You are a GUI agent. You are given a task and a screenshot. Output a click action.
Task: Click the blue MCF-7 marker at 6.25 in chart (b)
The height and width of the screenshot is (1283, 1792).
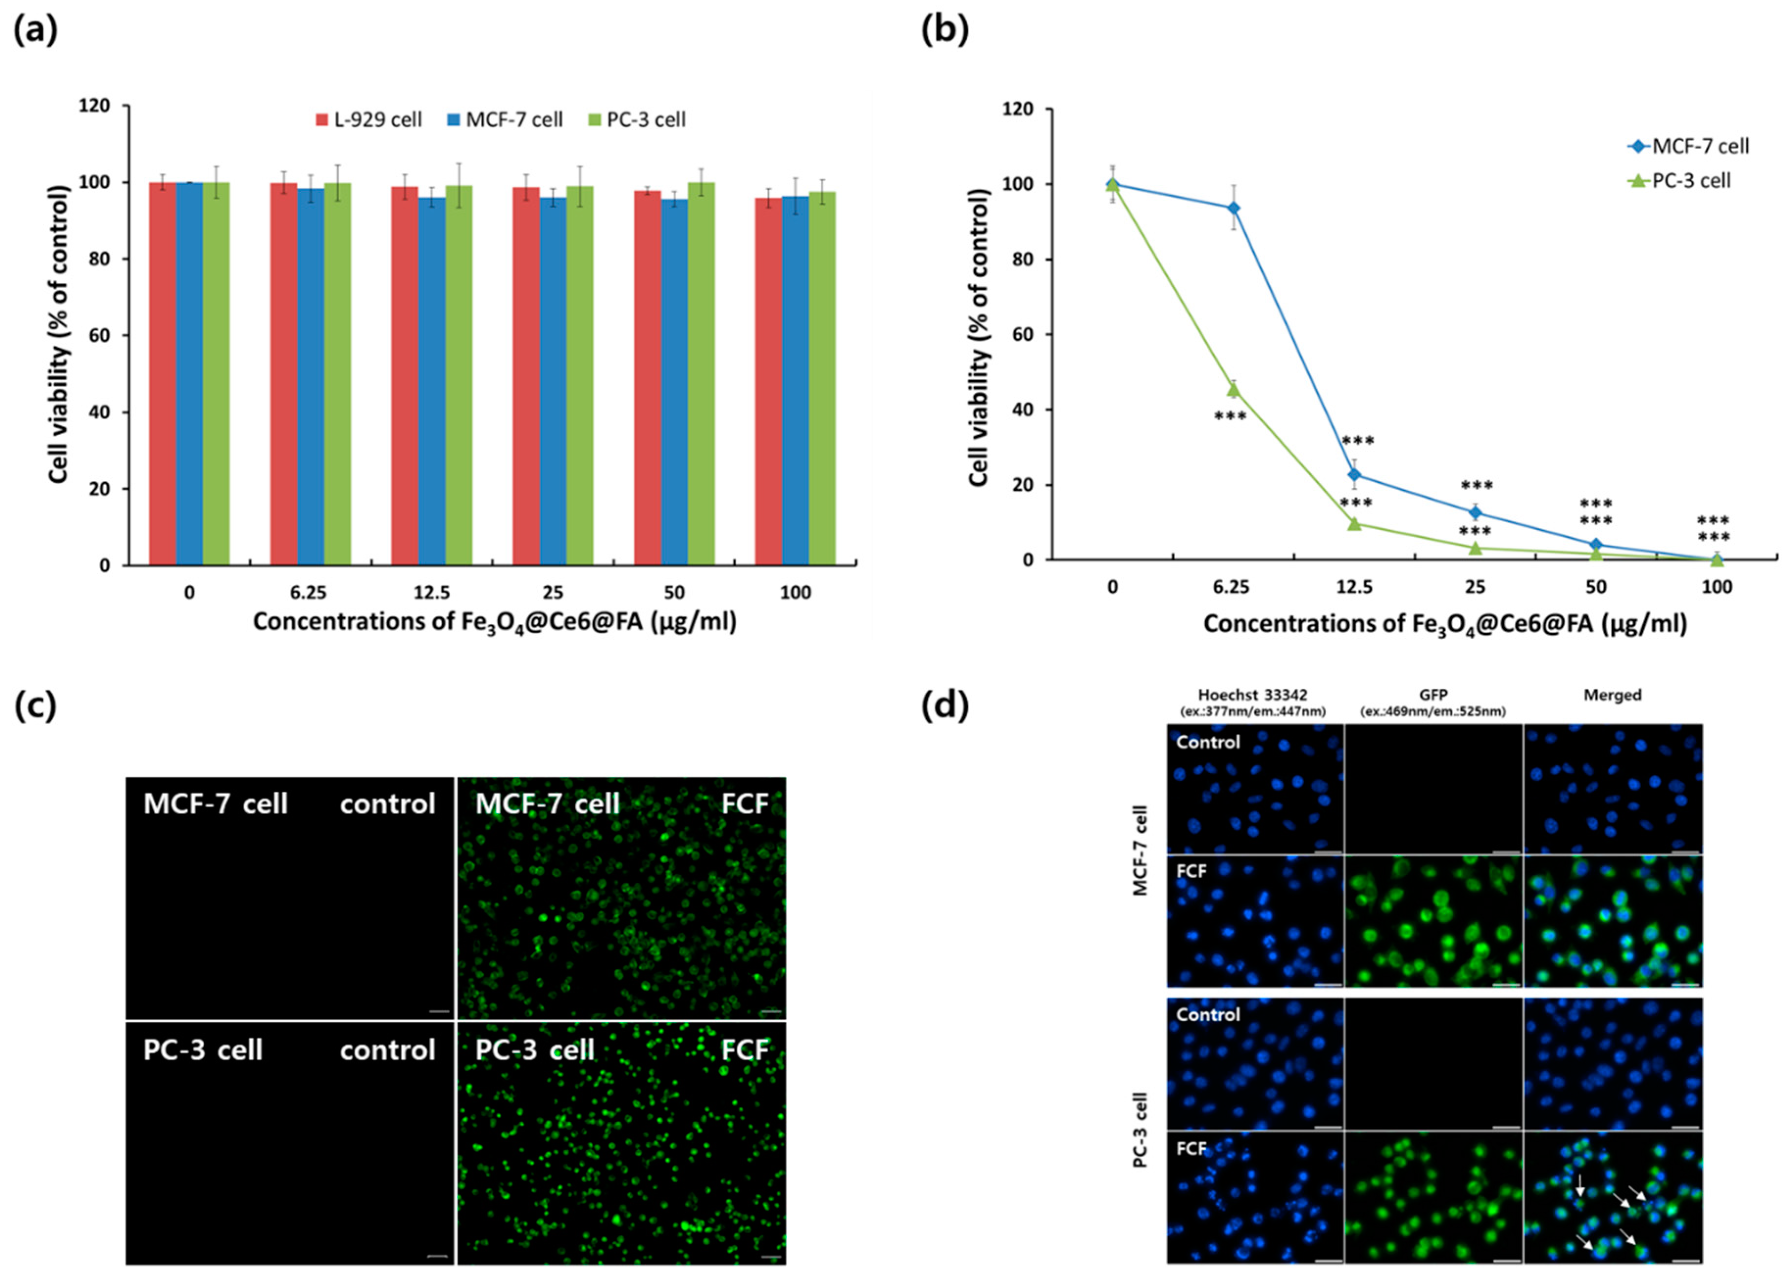pos(1233,208)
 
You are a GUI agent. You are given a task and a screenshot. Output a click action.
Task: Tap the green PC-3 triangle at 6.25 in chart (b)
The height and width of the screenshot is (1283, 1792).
pos(1233,389)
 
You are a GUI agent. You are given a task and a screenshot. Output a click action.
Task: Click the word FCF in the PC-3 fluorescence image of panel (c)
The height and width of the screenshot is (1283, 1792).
pos(744,1050)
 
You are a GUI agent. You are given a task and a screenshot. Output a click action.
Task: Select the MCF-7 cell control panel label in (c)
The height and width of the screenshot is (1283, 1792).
pos(215,804)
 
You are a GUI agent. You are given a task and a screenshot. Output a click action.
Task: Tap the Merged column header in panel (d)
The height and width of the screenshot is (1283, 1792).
pos(1612,695)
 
